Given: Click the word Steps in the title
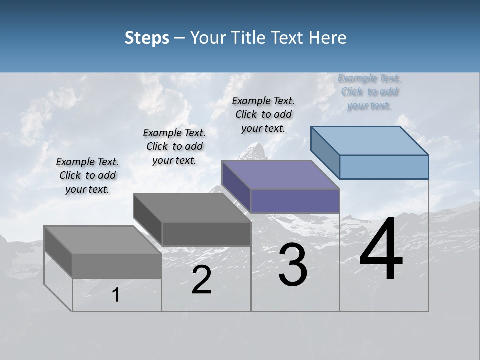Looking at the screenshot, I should [147, 38].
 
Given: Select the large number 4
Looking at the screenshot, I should [381, 250].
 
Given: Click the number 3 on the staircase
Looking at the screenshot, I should [293, 265].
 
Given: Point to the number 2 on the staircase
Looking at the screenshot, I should [201, 280].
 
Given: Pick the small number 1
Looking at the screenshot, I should [116, 295].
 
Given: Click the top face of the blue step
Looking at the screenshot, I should [370, 141].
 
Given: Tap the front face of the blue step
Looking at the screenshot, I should [384, 167].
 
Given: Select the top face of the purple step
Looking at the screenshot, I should [281, 175].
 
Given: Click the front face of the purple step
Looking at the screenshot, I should [295, 201].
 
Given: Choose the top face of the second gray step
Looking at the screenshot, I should [192, 207].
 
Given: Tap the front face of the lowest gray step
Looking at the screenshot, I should [117, 265].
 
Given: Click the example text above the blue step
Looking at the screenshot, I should [369, 92].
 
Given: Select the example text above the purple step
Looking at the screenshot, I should [263, 114].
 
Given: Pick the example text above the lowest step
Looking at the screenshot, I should [87, 175].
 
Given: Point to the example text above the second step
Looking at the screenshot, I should [174, 146].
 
